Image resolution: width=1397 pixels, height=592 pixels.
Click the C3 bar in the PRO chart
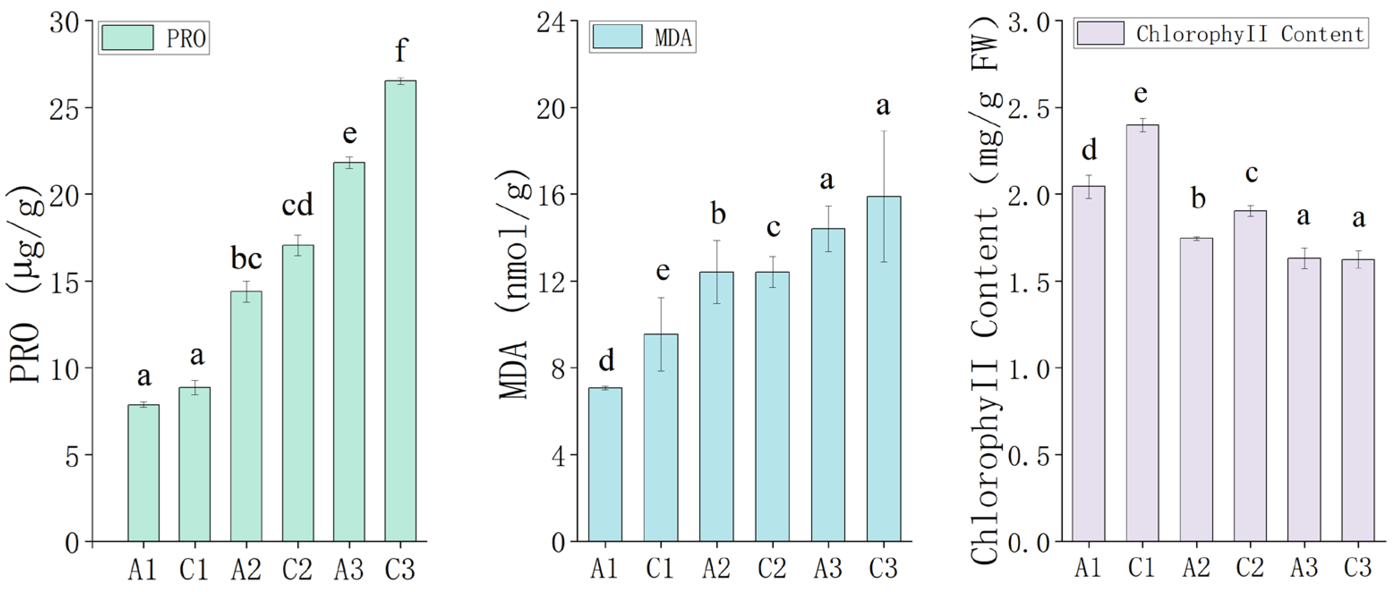coord(400,311)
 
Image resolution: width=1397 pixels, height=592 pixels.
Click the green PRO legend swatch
coord(128,38)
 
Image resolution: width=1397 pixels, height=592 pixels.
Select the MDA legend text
coord(673,38)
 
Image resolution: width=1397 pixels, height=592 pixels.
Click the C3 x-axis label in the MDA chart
coord(883,568)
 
